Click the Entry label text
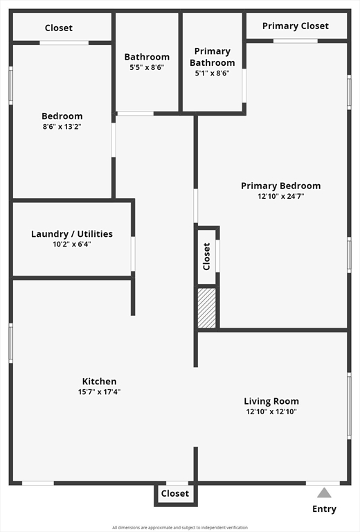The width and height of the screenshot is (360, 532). [324, 509]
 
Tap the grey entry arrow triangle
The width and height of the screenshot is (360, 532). [324, 493]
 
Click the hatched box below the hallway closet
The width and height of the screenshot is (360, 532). [207, 308]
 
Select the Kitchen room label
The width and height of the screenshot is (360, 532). [100, 382]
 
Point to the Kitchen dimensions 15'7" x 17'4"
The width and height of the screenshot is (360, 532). [100, 392]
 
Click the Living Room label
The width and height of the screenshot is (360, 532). [271, 401]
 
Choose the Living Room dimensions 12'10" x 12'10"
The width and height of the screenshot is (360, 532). [271, 411]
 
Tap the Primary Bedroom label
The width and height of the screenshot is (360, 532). [280, 186]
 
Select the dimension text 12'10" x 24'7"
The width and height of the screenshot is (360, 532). [280, 196]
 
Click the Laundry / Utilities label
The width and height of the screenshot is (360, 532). [72, 234]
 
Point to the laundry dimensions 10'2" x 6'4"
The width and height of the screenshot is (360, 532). [72, 244]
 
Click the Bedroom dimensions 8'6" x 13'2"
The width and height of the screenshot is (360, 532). [62, 127]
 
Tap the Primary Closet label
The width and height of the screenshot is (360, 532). [296, 26]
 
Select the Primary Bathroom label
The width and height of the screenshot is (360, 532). [212, 57]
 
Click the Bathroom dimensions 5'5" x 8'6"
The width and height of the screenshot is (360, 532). [147, 67]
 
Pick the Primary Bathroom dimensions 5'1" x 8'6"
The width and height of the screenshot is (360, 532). [212, 73]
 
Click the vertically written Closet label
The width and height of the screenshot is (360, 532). [206, 256]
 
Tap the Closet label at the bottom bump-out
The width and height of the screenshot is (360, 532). [174, 494]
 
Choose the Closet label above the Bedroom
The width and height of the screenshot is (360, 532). [59, 28]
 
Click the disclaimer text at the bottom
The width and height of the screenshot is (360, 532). [180, 527]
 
